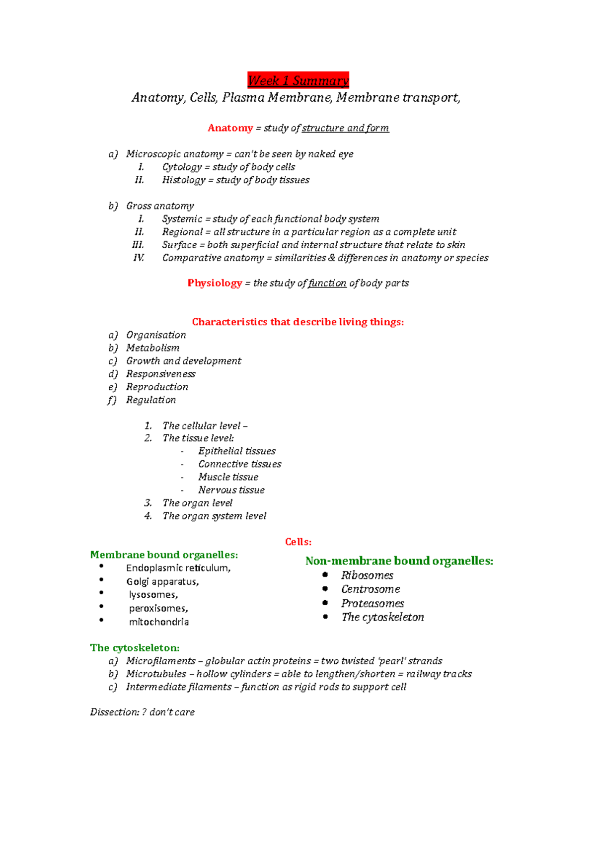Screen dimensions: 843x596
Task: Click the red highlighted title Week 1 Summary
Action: pos(298,80)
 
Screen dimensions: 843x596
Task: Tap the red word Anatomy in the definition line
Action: pos(230,128)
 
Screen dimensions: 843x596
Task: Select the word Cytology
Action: pos(182,167)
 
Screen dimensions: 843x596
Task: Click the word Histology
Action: pos(183,180)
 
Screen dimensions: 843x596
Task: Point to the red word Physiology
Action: pos(215,283)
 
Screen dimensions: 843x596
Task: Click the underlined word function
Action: pos(327,283)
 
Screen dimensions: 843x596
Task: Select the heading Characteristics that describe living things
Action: pos(298,322)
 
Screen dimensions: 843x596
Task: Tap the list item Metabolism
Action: pos(152,348)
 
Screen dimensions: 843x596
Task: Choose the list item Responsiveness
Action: pos(160,374)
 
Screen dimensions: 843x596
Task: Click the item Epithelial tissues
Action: pos(236,451)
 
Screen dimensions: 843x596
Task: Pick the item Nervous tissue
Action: pos(231,490)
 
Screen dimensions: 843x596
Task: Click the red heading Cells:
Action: pos(298,542)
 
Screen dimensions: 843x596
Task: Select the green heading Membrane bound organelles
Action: pos(164,555)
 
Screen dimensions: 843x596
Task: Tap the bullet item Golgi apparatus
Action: pos(162,581)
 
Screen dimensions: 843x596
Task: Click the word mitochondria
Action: pos(158,622)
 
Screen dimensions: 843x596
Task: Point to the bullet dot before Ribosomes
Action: pos(325,574)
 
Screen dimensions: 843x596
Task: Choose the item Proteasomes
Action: pos(372,603)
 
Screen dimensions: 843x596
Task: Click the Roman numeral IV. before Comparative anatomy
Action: pos(139,258)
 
